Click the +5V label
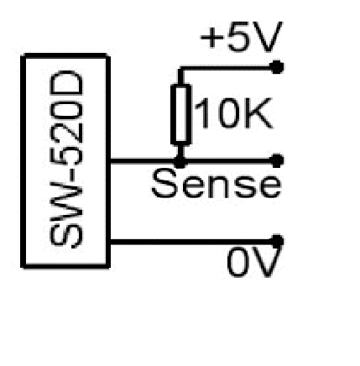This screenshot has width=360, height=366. tap(242, 37)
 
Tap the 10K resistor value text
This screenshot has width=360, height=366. tap(233, 113)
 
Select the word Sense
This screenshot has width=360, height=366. tap(216, 184)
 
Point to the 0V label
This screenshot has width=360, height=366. tap(254, 263)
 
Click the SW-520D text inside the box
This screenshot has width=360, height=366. tap(66, 159)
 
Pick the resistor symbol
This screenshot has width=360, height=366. tap(180, 114)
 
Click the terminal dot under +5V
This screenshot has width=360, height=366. tap(277, 67)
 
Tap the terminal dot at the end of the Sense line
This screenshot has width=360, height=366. tap(277, 160)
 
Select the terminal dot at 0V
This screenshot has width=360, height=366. tap(277, 241)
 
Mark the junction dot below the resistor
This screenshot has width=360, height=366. tap(180, 161)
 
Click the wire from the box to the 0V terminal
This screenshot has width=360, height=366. tap(190, 242)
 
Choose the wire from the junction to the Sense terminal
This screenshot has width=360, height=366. tap(228, 161)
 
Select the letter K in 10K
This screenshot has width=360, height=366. tap(259, 113)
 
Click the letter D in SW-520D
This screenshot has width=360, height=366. tap(66, 83)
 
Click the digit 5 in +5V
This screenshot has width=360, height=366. tap(239, 37)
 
